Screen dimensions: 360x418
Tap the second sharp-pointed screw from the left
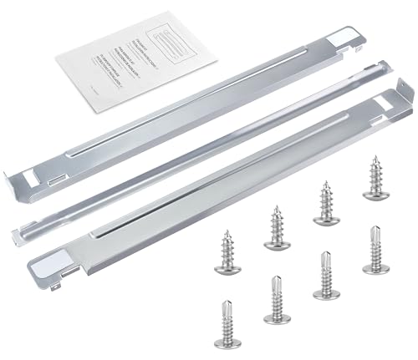[275, 227]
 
